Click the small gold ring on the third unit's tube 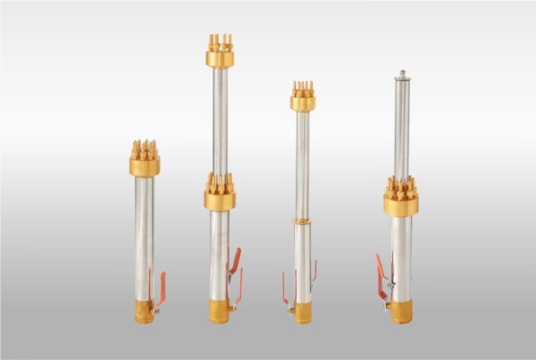pyautogui.click(x=303, y=220)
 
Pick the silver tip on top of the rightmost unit pyautogui.click(x=402, y=74)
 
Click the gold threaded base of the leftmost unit pyautogui.click(x=144, y=311)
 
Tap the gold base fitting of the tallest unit pyautogui.click(x=219, y=311)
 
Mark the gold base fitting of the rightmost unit pyautogui.click(x=400, y=311)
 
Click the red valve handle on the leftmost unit pyautogui.click(x=162, y=288)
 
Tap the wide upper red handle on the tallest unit pyautogui.click(x=235, y=261)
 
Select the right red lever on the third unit pyautogui.click(x=314, y=270)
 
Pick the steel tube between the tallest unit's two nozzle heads pyautogui.click(x=220, y=121)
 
